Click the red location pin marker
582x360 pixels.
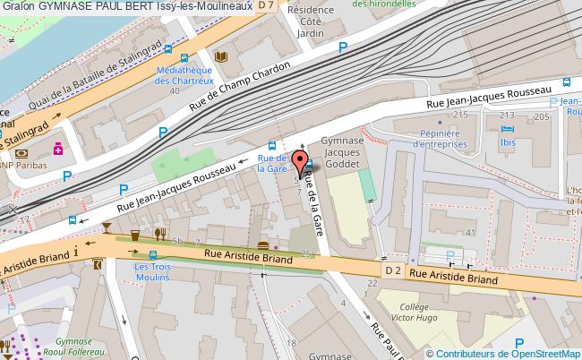pyautogui.click(x=298, y=161)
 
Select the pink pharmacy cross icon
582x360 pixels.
pyautogui.click(x=59, y=149)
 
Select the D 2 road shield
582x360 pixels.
pyautogui.click(x=392, y=270)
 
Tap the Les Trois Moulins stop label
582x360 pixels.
pyautogui.click(x=151, y=271)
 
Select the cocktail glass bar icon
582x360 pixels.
pyautogui.click(x=107, y=227)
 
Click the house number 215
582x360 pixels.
pyautogui.click(x=460, y=116)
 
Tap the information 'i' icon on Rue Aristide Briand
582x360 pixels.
pyautogui.click(x=77, y=252)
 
